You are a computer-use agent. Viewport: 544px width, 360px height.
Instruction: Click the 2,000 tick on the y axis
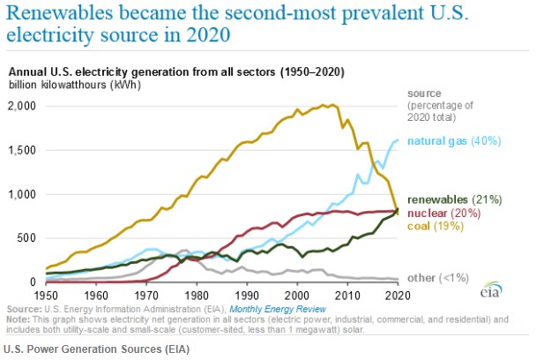[x=23, y=105]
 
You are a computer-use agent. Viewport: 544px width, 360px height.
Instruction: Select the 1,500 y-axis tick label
[x=23, y=149]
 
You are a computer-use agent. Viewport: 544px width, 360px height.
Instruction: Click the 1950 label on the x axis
[x=46, y=294]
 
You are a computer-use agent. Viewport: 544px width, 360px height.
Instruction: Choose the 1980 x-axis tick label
[x=197, y=294]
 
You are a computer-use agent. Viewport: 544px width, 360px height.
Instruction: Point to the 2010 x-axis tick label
[x=348, y=294]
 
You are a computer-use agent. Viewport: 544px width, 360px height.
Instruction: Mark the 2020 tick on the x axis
[x=399, y=294]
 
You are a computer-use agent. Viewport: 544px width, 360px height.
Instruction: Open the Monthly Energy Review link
[x=272, y=310]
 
